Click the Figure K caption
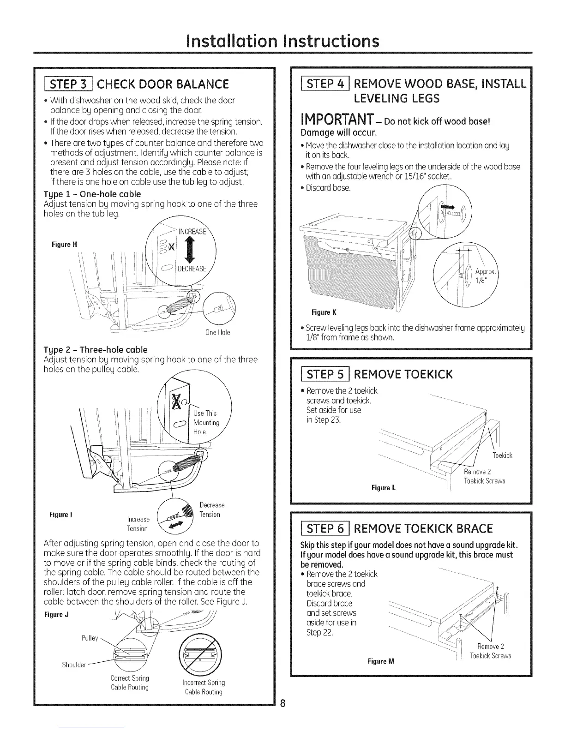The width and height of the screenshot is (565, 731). coord(319,312)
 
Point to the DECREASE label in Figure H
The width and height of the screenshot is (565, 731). coord(192,269)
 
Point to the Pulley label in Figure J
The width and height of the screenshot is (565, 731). coord(90,638)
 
